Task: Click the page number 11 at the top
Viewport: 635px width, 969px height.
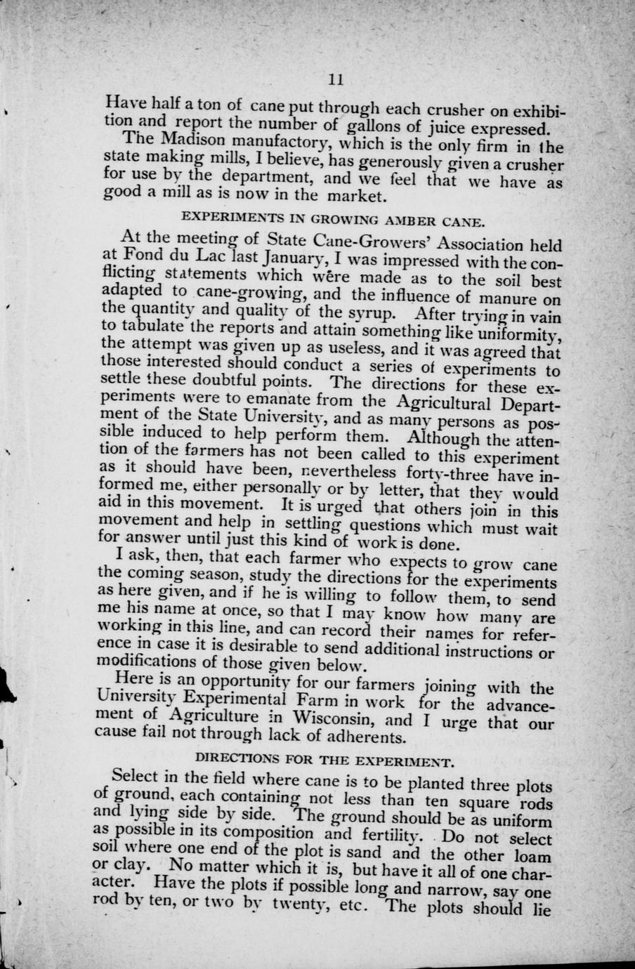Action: click(335, 79)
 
